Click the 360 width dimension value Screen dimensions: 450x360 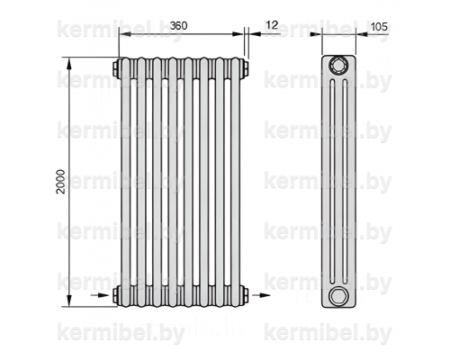tap(178, 26)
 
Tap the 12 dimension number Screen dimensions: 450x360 tap(272, 25)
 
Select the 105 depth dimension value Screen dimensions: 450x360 tap(379, 27)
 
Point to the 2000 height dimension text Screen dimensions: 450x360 tap(60, 182)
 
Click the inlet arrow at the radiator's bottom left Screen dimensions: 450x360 tap(100, 295)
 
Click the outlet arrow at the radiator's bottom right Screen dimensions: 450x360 tap(261, 295)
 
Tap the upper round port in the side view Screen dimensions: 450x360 tap(338, 65)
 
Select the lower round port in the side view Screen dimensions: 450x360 tap(338, 296)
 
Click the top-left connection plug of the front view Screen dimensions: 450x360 tap(116, 68)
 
